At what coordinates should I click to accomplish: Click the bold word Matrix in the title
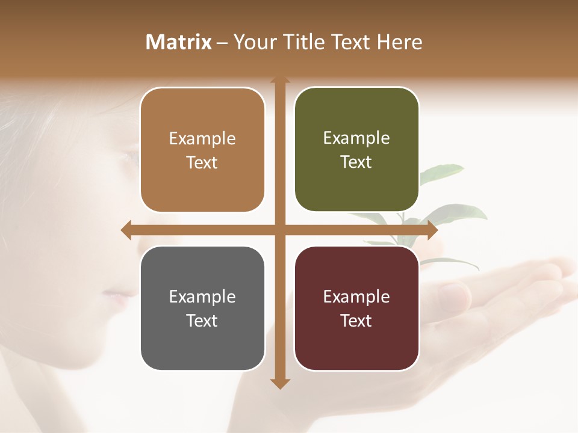[179, 42]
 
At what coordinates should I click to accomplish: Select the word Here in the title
[400, 42]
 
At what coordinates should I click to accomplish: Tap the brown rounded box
[202, 150]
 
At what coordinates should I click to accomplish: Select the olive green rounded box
[356, 149]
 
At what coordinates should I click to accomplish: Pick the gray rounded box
[202, 308]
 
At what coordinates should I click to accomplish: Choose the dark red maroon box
[356, 308]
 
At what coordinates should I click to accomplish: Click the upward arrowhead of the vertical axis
[280, 81]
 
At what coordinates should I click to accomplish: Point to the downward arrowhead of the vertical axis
[280, 383]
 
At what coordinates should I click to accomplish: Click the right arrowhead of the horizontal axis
[432, 230]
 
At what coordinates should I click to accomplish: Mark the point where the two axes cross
[280, 230]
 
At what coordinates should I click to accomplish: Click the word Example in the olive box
[356, 138]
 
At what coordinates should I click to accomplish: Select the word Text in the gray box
[202, 321]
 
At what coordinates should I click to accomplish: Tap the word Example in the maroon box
[356, 296]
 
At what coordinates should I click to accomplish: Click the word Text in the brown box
[202, 162]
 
